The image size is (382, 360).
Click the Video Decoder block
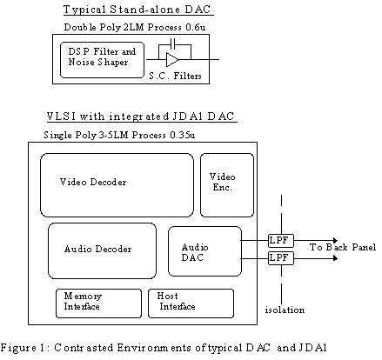click(x=117, y=185)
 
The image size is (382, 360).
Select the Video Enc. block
click(x=227, y=185)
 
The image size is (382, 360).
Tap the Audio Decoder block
click(x=102, y=251)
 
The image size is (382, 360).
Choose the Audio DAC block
click(x=204, y=251)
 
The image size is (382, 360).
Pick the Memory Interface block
click(x=98, y=303)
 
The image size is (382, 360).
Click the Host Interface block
click(x=191, y=303)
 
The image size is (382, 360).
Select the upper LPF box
click(x=281, y=241)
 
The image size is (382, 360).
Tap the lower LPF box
click(x=281, y=258)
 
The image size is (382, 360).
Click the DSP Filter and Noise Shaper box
click(x=102, y=60)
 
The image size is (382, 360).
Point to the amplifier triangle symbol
click(x=171, y=60)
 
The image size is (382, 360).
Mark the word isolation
click(x=285, y=310)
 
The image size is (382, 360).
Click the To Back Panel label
click(x=343, y=247)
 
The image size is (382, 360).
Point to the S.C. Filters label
click(x=175, y=76)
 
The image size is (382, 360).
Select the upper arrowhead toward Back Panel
click(x=336, y=241)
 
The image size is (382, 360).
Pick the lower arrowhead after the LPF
click(x=336, y=258)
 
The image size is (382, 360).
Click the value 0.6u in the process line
click(x=196, y=27)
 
